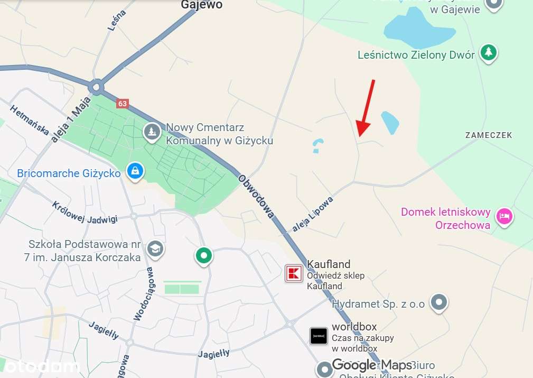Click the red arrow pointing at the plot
(x=366, y=109)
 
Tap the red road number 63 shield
(x=123, y=104)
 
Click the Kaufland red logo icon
(x=294, y=273)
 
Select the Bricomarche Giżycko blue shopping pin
(x=135, y=171)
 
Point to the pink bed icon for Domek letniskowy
(x=504, y=217)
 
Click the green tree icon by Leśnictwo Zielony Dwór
(x=489, y=52)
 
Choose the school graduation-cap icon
(x=155, y=248)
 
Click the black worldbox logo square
(x=319, y=336)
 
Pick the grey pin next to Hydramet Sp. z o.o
(x=439, y=302)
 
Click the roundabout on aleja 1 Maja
(x=96, y=86)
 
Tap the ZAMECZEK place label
(x=489, y=135)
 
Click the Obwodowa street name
(x=256, y=196)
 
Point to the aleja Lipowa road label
(x=314, y=214)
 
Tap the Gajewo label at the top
(x=202, y=5)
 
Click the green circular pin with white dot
(x=203, y=256)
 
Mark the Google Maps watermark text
(x=364, y=365)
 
